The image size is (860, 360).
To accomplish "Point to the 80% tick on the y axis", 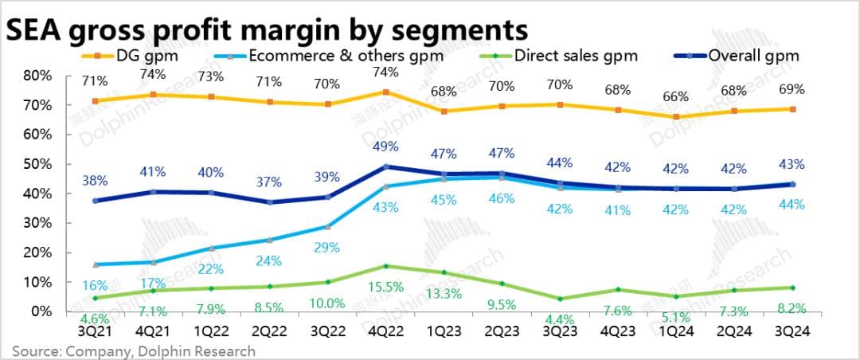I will click(x=38, y=76).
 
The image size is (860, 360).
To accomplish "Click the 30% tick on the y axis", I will click(x=38, y=223).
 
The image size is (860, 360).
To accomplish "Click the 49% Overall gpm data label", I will click(x=385, y=147).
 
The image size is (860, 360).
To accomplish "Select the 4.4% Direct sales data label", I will click(x=560, y=319).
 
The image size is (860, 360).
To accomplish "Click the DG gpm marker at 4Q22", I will click(x=385, y=92).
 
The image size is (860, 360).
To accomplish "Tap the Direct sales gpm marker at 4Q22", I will click(x=385, y=266).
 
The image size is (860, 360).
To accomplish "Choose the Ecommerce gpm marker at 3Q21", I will click(x=96, y=264).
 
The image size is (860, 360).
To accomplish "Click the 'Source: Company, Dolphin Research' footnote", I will click(x=133, y=350).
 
